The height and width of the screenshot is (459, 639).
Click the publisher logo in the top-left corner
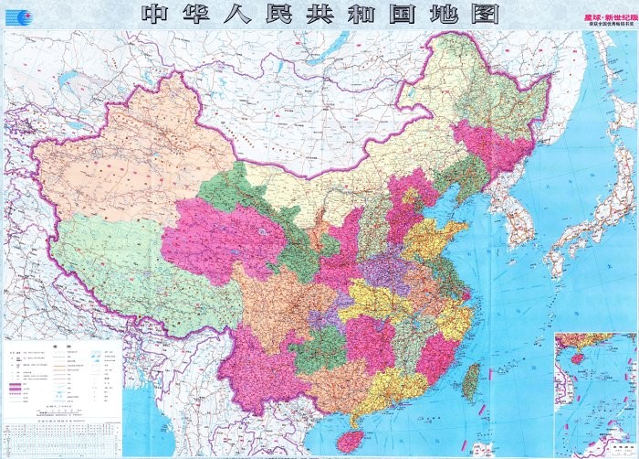click(17, 16)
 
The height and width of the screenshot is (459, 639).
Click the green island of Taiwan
click(471, 380)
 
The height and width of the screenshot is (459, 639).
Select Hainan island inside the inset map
click(567, 353)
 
